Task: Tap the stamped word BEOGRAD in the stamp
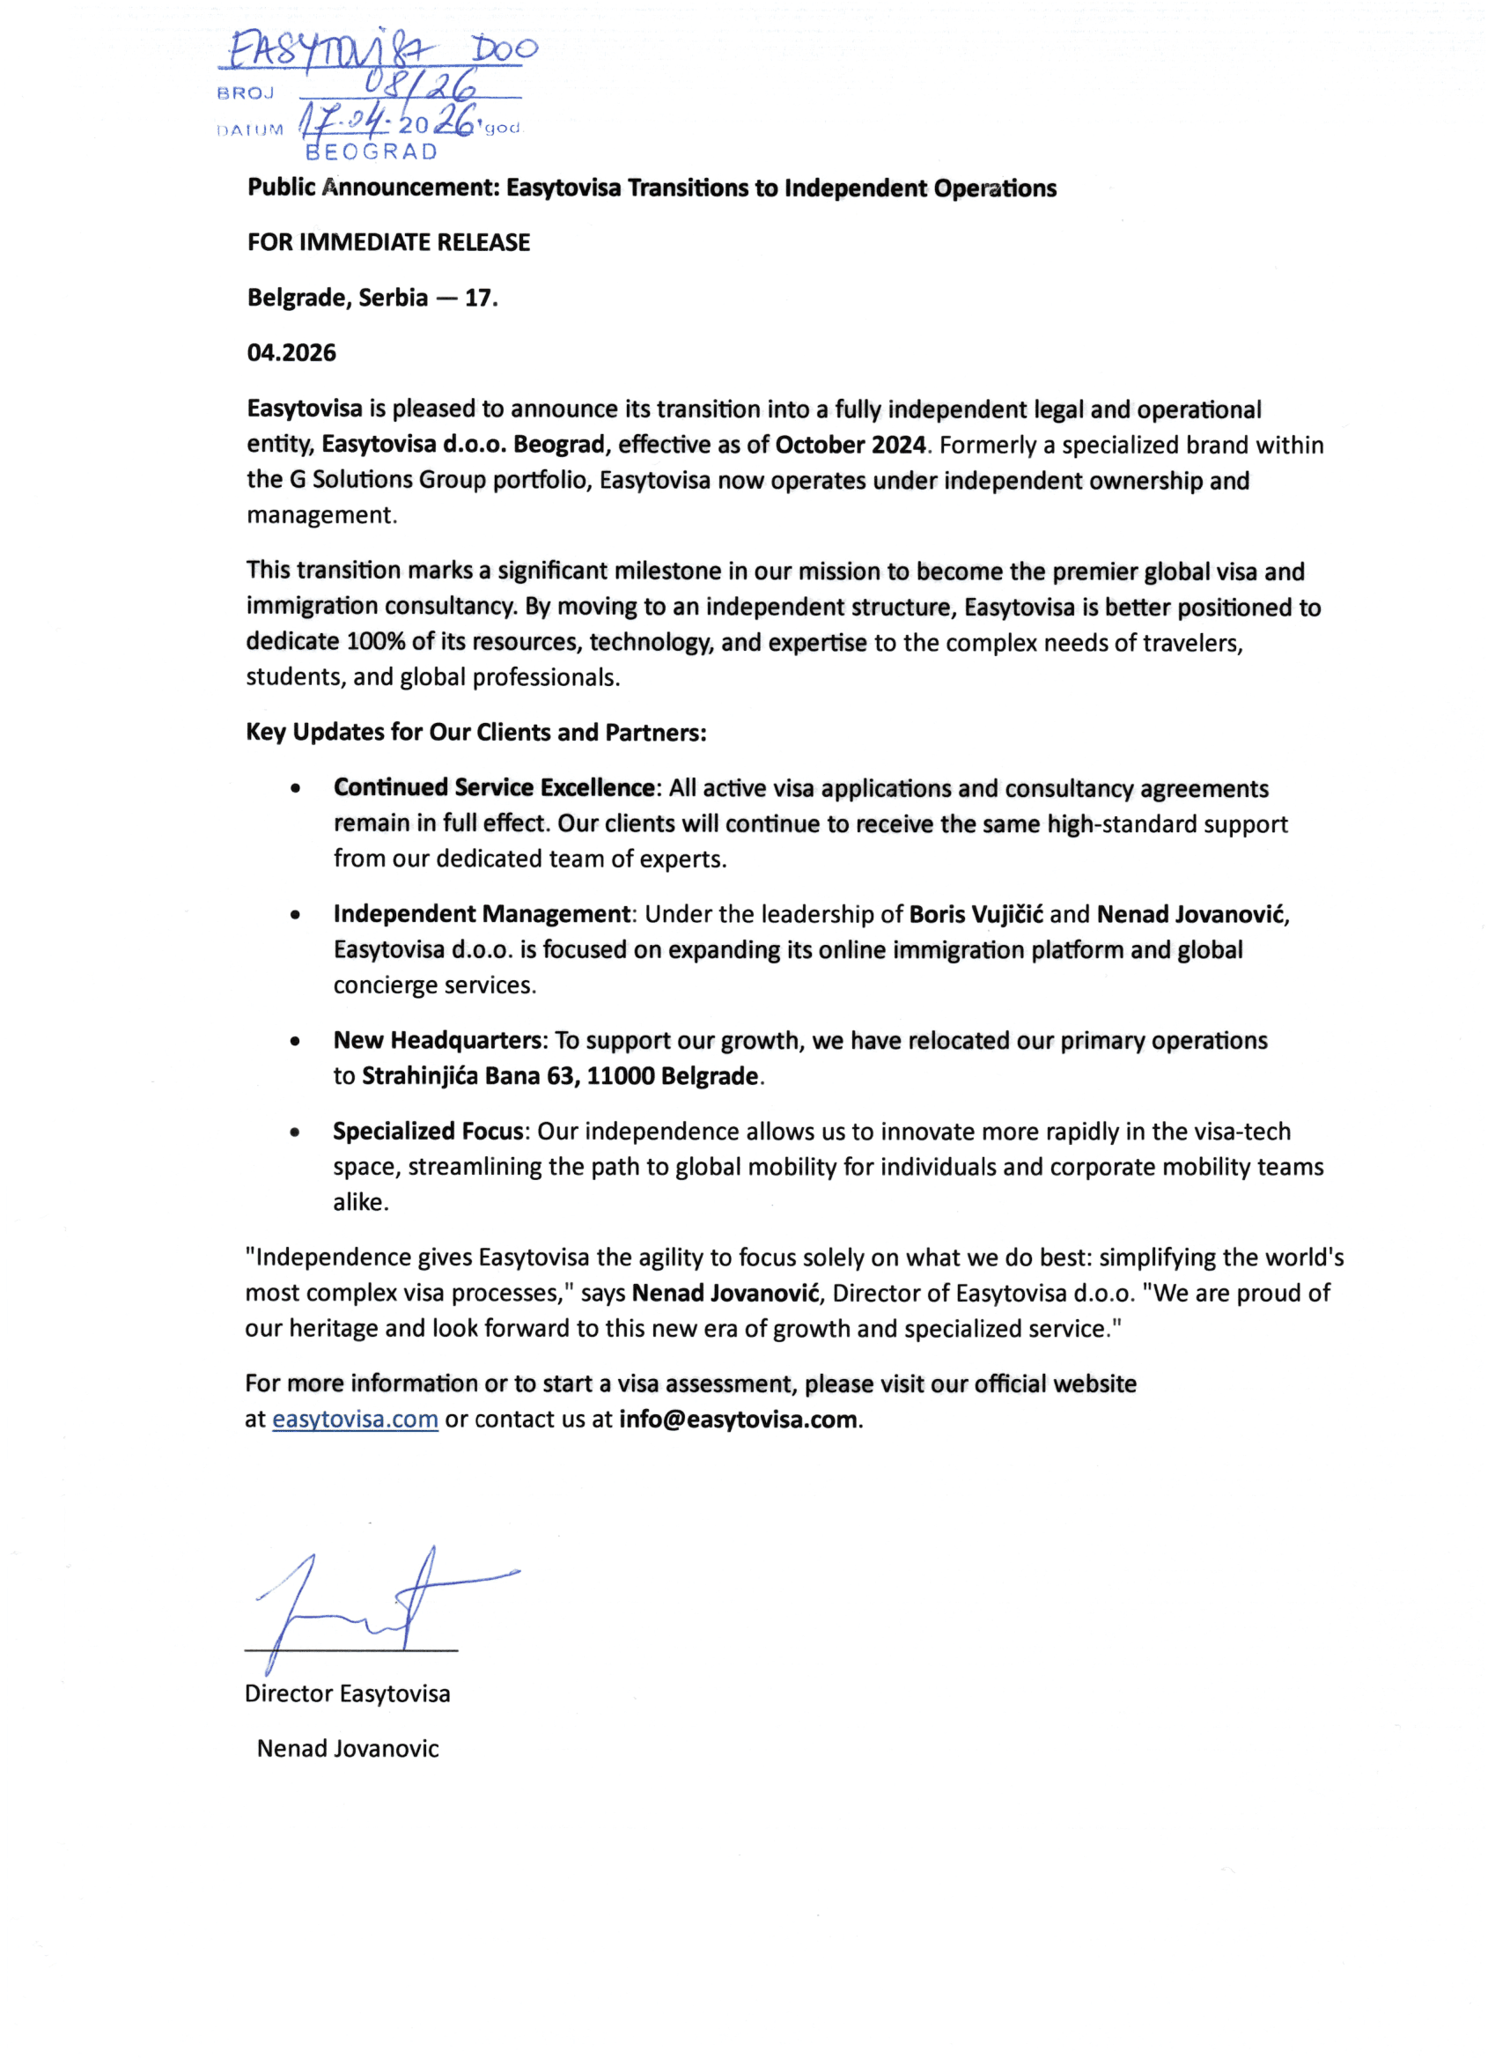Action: click(372, 151)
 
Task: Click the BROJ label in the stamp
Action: click(246, 93)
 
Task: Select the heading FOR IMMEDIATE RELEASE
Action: click(388, 242)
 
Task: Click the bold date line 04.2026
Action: click(291, 352)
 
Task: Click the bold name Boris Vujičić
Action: click(976, 914)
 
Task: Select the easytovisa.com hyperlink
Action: click(355, 1420)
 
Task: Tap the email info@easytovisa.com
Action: click(738, 1420)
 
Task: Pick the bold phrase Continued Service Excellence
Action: click(494, 787)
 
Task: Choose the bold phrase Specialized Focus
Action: click(428, 1132)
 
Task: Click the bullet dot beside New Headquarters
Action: click(295, 1042)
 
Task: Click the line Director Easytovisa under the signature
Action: click(348, 1693)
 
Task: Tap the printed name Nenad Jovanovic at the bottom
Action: click(348, 1749)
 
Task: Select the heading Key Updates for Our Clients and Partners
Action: click(476, 733)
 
